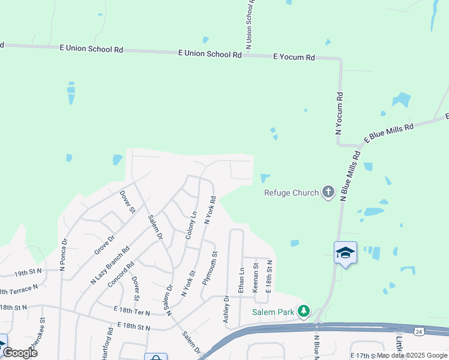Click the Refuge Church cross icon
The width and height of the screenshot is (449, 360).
[328, 193]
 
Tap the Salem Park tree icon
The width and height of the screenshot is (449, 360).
[304, 311]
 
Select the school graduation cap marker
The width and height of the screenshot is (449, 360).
[346, 253]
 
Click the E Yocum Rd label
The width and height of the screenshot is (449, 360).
[294, 57]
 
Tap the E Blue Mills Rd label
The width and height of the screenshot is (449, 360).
[388, 134]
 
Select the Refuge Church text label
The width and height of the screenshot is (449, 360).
[292, 193]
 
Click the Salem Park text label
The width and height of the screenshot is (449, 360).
[273, 312]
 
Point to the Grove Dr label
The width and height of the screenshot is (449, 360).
[104, 246]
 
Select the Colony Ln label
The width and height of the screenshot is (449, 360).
[190, 226]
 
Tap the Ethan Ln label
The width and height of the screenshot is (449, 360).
[242, 280]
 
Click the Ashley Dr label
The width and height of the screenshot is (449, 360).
[226, 310]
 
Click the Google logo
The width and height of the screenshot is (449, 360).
[20, 353]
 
